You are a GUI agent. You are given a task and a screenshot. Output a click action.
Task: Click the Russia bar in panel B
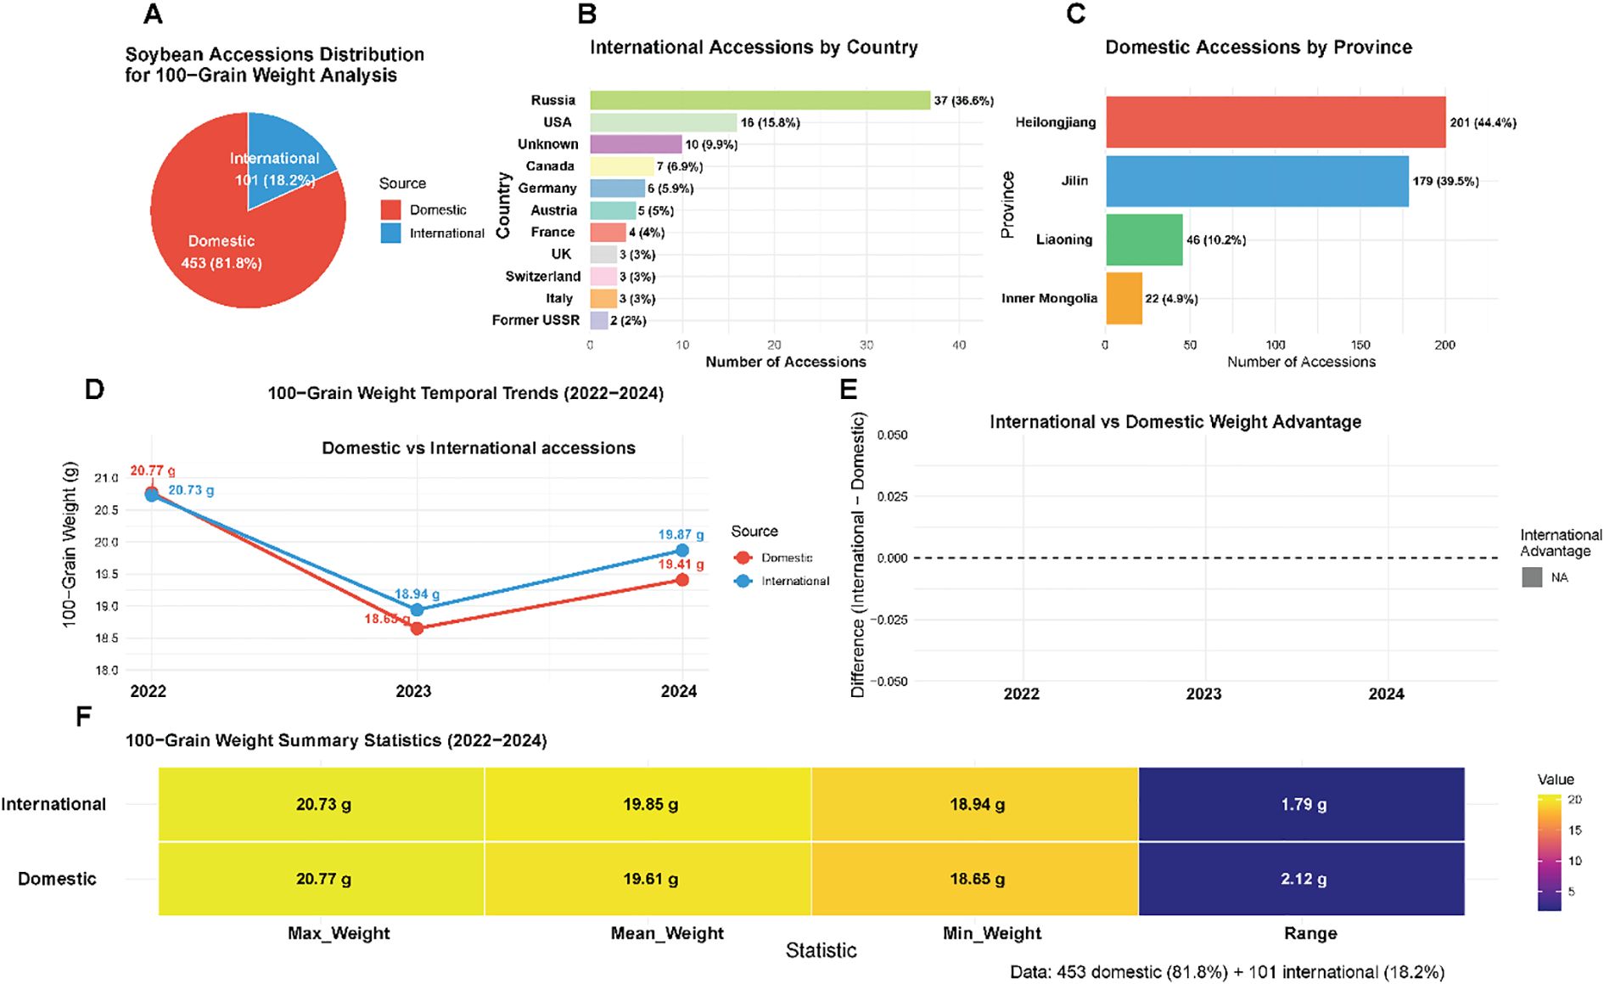[x=760, y=100]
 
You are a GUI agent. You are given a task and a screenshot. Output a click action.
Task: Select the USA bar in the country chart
[x=663, y=122]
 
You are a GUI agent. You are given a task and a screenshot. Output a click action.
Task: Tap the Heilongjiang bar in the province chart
[x=1275, y=122]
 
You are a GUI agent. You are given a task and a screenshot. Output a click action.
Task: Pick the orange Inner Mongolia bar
[x=1124, y=298]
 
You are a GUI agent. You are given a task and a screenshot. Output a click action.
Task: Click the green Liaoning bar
[x=1143, y=239]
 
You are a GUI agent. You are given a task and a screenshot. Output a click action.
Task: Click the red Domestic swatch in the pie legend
[x=390, y=210]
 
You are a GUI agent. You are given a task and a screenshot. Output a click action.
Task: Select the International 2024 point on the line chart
[x=681, y=550]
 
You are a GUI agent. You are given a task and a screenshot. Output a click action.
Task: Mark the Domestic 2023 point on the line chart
[x=417, y=628]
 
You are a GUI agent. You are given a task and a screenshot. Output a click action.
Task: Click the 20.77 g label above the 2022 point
[x=153, y=470]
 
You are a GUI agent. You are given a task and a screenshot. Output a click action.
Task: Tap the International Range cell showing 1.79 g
[x=1302, y=804]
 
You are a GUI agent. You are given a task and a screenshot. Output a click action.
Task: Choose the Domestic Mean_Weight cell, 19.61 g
[x=649, y=879]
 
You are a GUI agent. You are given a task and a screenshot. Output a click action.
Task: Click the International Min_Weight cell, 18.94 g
[x=976, y=804]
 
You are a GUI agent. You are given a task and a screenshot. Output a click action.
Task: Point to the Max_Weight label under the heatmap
[x=339, y=933]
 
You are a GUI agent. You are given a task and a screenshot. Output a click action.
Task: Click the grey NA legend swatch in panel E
[x=1532, y=577]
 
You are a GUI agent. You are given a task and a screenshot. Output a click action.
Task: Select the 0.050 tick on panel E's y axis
[x=892, y=435]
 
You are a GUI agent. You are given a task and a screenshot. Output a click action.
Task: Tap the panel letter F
[x=83, y=717]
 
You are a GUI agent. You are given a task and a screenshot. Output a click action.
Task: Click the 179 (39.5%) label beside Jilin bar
[x=1445, y=181]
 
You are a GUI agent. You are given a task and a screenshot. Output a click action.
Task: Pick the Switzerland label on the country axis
[x=542, y=276]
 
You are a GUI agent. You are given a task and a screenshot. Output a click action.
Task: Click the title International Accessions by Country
[x=754, y=48]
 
